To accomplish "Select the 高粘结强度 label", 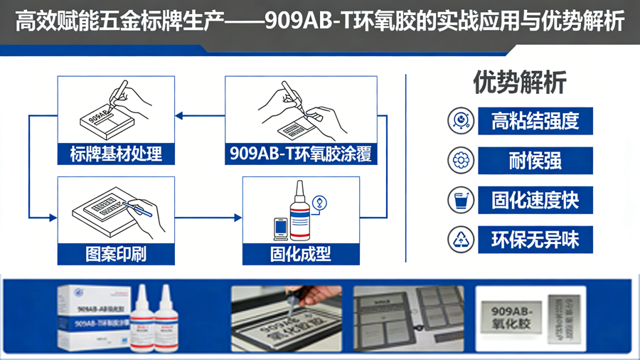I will coord(535,122).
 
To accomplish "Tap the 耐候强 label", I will coord(535,162).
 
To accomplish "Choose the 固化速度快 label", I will coord(535,201).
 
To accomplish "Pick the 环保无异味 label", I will coord(535,240).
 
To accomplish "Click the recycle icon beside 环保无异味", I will coord(461,240).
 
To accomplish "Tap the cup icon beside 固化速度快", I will coord(461,201).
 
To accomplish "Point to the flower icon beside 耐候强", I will coord(461,161).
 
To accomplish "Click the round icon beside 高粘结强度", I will coord(461,121).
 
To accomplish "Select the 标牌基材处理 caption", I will coord(116,154).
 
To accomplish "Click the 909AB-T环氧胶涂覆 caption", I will coord(301,154).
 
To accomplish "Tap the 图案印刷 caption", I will coord(116,254).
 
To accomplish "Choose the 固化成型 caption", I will coord(301,254).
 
